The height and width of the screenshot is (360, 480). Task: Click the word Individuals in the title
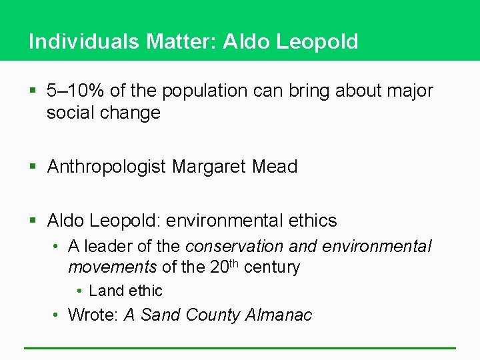(x=83, y=41)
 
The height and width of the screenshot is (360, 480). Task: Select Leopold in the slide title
(x=317, y=41)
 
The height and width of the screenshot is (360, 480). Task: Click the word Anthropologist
(x=106, y=167)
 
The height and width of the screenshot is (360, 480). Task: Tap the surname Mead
(x=275, y=167)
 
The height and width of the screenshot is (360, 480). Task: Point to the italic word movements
(x=112, y=267)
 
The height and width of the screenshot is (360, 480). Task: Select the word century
(x=272, y=267)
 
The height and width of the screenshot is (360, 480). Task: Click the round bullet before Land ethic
(x=79, y=291)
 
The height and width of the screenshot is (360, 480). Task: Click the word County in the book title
(x=207, y=315)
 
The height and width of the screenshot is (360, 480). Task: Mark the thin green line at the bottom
(x=240, y=348)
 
